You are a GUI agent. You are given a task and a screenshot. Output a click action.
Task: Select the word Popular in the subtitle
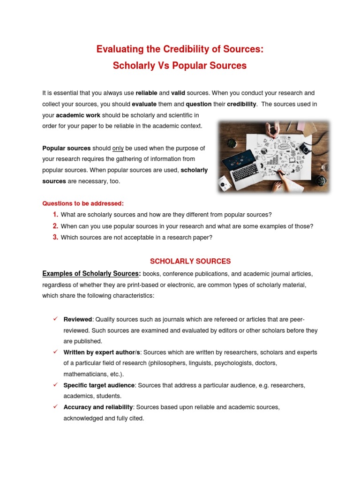tap(190, 66)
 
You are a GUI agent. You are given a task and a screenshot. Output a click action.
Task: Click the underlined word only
tap(118, 148)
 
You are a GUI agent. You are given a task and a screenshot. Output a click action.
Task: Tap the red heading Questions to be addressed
tap(83, 203)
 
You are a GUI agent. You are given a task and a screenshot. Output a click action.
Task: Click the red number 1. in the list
tap(55, 215)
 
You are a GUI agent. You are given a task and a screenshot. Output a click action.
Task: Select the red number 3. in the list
tap(55, 237)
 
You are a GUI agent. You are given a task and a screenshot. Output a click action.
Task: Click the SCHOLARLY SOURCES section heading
tap(190, 261)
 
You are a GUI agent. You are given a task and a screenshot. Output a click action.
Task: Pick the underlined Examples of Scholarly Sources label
tap(91, 273)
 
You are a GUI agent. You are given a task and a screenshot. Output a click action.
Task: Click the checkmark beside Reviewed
tap(55, 319)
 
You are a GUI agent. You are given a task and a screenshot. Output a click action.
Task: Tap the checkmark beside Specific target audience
tap(55, 384)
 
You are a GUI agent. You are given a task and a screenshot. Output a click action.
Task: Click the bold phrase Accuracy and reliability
tap(98, 407)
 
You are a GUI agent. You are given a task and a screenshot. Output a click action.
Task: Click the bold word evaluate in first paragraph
tap(144, 104)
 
